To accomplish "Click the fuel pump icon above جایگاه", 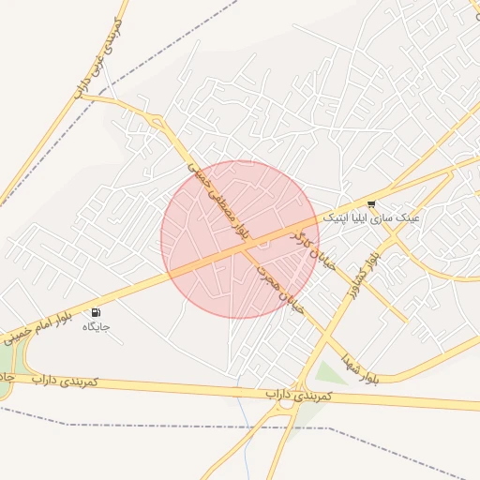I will pos(96,312).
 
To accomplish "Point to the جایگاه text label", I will pos(96,326).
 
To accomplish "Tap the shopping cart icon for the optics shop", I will pos(371,203).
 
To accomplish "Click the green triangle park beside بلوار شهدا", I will pos(328,374).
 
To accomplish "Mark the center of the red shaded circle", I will pos(240,239).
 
